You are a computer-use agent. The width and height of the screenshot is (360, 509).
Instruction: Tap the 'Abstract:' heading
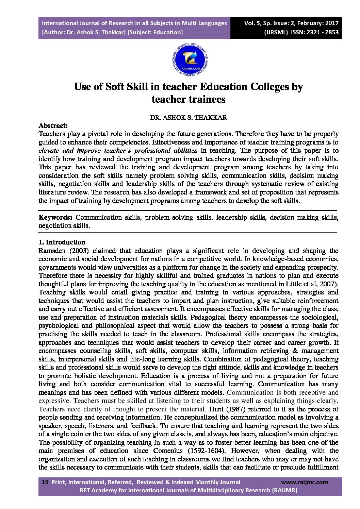click(x=53, y=125)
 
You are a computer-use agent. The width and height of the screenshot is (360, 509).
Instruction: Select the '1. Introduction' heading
click(x=62, y=242)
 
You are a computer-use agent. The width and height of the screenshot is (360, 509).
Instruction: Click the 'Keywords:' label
click(x=55, y=218)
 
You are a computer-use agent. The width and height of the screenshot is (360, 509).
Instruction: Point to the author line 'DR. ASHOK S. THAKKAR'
click(x=189, y=118)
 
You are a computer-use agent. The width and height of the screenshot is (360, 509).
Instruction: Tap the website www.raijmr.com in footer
click(x=305, y=482)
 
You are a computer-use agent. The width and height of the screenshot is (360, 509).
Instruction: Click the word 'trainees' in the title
click(x=207, y=99)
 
